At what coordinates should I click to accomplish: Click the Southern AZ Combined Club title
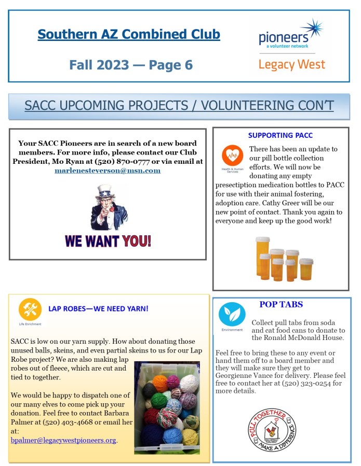tap(129, 35)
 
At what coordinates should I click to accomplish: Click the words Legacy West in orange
tap(291, 65)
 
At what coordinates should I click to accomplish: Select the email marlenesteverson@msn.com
tap(108, 171)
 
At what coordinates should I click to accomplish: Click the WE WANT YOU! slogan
tap(108, 241)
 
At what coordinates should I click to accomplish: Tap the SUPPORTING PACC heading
tap(280, 136)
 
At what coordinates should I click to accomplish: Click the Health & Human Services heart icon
tap(232, 155)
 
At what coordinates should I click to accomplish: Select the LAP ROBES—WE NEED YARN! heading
tap(98, 309)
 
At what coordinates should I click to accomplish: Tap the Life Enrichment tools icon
tap(30, 309)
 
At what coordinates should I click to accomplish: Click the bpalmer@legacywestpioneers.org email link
tap(63, 441)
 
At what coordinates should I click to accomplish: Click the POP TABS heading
tap(281, 305)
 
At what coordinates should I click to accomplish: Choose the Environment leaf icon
tap(232, 314)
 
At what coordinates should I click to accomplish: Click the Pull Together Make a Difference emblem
tap(272, 430)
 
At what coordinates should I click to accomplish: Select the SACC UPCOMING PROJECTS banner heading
tap(179, 106)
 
